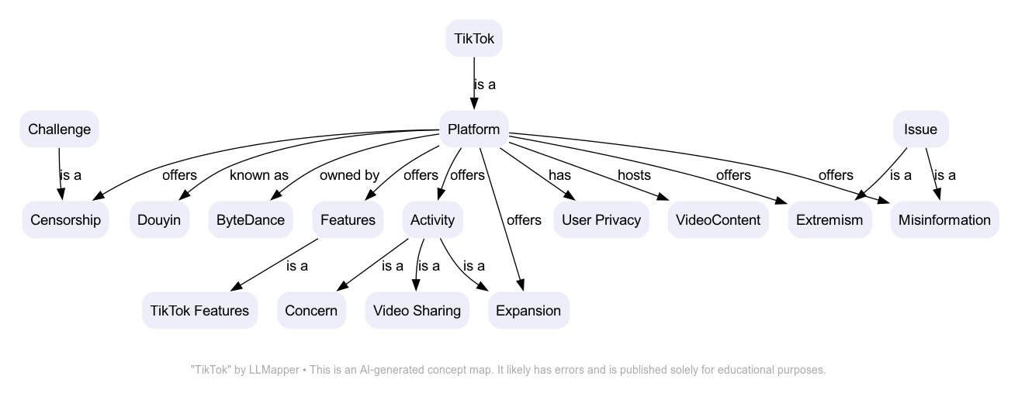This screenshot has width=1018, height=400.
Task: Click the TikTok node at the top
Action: (474, 38)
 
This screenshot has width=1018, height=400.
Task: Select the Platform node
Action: (474, 129)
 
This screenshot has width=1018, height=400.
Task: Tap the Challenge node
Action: (60, 129)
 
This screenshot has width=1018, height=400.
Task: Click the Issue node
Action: (920, 129)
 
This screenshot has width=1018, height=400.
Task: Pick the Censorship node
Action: (66, 220)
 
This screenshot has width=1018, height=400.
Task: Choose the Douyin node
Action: (159, 220)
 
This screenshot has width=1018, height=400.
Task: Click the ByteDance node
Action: (251, 220)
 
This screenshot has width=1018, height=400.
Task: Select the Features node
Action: (348, 220)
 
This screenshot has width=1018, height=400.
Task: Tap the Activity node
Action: (432, 220)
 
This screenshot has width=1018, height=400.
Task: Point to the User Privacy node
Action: (601, 220)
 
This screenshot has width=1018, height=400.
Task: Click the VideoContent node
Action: (718, 220)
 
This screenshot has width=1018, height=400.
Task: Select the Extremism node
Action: (829, 220)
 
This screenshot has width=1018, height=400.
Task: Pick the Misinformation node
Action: (944, 220)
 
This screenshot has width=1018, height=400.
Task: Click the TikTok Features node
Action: (199, 311)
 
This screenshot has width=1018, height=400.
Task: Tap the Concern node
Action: (311, 311)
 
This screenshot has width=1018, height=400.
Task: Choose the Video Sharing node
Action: (417, 311)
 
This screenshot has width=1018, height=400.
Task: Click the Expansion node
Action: (528, 311)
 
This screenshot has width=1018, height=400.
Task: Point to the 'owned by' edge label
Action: (349, 175)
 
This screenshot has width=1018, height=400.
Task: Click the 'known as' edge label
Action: (259, 175)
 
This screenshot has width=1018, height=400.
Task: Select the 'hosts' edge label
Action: (634, 175)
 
